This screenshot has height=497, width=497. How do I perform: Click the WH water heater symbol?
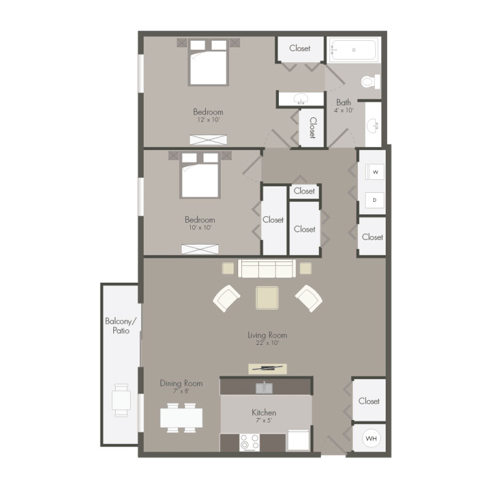pyautogui.click(x=371, y=438)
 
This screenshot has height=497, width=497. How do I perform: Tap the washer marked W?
pyautogui.click(x=375, y=172)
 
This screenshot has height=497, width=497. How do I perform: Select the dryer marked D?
pyautogui.click(x=375, y=200)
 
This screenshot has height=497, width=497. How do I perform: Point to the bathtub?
pyautogui.click(x=353, y=50)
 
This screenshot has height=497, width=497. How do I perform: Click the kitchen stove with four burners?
pyautogui.click(x=249, y=443)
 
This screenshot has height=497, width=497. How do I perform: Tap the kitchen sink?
pyautogui.click(x=264, y=388)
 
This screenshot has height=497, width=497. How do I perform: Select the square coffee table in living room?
pyautogui.click(x=267, y=298)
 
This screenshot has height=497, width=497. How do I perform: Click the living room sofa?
pyautogui.click(x=267, y=269)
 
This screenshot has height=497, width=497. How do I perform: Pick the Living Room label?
pyautogui.click(x=267, y=335)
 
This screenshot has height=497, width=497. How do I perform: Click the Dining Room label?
pyautogui.click(x=181, y=383)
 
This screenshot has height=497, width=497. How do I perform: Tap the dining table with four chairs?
pyautogui.click(x=181, y=418)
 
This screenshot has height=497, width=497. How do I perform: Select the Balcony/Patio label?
pyautogui.click(x=121, y=326)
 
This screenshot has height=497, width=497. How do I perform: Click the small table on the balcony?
pyautogui.click(x=121, y=400)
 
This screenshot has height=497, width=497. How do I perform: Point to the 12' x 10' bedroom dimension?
pyautogui.click(x=208, y=120)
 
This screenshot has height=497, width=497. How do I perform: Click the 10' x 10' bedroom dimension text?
pyautogui.click(x=200, y=228)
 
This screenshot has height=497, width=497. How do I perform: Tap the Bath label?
pyautogui.click(x=344, y=102)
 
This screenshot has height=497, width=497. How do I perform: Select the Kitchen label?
pyautogui.click(x=264, y=412)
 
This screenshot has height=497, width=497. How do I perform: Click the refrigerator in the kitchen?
pyautogui.click(x=298, y=440)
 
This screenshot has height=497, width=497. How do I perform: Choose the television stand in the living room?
pyautogui.click(x=267, y=368)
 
